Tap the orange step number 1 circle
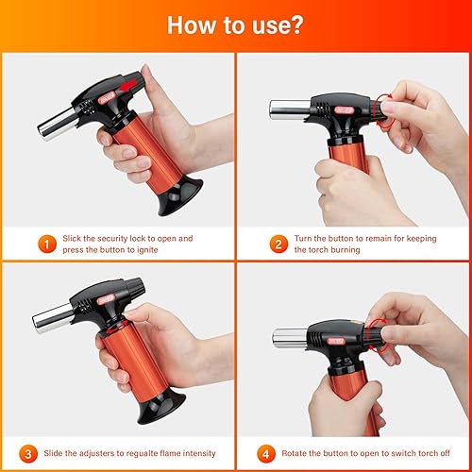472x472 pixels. click(x=47, y=244)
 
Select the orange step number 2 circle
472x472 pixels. click(x=278, y=244)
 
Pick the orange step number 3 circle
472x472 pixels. click(x=28, y=454)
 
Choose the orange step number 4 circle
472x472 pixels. click(x=266, y=454)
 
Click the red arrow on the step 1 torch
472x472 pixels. click(x=128, y=85)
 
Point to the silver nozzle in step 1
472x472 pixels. click(x=58, y=124)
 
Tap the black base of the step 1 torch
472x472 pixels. click(x=181, y=196)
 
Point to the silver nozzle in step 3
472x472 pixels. click(x=53, y=318)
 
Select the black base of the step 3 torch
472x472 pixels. click(x=161, y=406)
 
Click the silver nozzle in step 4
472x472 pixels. click(x=290, y=338)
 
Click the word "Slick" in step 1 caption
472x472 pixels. click(x=72, y=238)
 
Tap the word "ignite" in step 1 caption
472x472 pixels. click(x=147, y=250)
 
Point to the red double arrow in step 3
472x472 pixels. click(x=117, y=328)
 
